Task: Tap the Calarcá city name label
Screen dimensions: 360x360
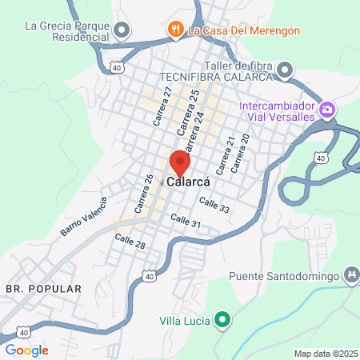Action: [x=188, y=182]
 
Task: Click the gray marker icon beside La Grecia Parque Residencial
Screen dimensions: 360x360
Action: [x=122, y=31]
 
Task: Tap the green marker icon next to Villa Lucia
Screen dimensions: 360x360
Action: [x=223, y=321]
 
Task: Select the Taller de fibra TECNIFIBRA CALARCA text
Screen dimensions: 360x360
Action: [x=218, y=70]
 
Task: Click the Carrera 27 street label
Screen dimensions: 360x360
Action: [x=163, y=106]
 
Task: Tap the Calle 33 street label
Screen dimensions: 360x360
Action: [x=214, y=204]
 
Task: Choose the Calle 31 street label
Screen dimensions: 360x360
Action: [x=185, y=222]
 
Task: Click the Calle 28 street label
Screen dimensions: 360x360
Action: [x=130, y=241]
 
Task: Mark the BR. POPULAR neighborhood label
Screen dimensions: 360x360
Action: [x=43, y=287]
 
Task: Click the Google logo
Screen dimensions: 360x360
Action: [x=26, y=350]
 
